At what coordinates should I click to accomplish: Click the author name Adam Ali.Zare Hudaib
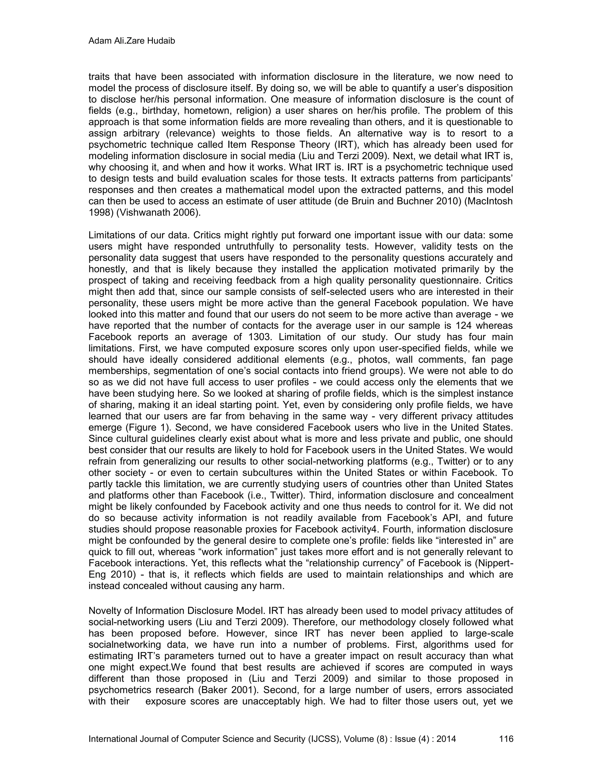[132, 42]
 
